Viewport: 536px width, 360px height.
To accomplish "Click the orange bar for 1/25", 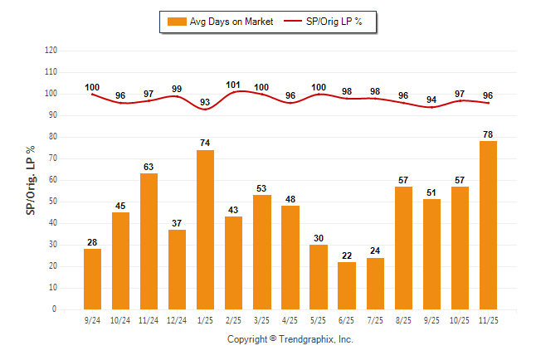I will [205, 230].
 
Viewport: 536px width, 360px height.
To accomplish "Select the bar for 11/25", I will [488, 225].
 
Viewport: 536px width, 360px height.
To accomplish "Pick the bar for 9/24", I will [92, 279].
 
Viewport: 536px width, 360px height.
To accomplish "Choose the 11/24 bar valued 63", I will [149, 241].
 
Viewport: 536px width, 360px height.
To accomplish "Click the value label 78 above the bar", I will [488, 134].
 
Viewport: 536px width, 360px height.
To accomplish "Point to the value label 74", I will [205, 143].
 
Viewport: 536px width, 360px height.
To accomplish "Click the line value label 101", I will [233, 85].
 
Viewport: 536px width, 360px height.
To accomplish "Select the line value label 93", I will [205, 102].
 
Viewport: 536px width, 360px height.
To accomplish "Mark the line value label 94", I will [431, 100].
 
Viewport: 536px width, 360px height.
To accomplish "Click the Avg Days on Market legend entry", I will [220, 22].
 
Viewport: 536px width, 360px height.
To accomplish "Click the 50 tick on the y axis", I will [53, 201].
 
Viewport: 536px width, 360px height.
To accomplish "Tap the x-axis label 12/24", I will [177, 319].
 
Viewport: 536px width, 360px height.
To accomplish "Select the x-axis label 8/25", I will [403, 319].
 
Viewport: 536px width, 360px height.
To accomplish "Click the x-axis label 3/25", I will [262, 319].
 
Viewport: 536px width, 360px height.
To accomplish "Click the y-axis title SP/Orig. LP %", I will [31, 178].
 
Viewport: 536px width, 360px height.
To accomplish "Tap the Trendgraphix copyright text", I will [290, 339].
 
